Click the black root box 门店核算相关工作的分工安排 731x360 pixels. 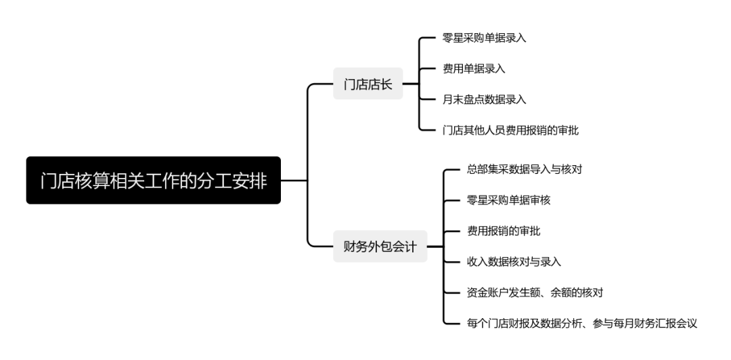coord(154,181)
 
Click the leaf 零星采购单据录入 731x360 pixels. coord(479,38)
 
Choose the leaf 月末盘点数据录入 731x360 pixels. coord(479,99)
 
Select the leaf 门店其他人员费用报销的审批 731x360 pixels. coord(506,129)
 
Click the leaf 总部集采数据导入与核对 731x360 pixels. coord(525,169)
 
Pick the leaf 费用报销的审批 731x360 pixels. coord(504,231)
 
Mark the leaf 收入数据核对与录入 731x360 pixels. coord(514,261)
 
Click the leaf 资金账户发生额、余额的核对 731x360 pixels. coord(535,292)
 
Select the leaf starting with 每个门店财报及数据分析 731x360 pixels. coord(581,323)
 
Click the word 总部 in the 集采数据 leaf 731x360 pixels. coord(478,169)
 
